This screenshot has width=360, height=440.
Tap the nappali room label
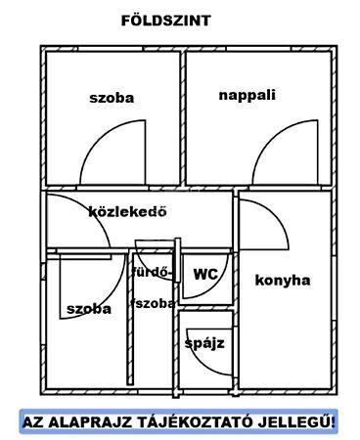247,95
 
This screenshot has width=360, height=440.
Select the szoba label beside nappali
111,98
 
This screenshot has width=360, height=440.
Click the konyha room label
283,281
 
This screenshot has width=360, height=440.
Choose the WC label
205,275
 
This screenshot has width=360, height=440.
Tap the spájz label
204,343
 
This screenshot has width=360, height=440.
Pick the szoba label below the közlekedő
89,308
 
